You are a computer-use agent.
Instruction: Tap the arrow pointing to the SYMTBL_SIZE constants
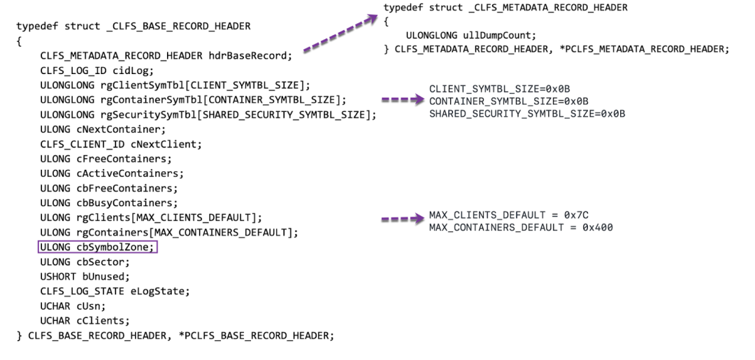(x=403, y=100)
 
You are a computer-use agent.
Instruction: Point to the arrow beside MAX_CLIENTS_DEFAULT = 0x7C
(x=403, y=218)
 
